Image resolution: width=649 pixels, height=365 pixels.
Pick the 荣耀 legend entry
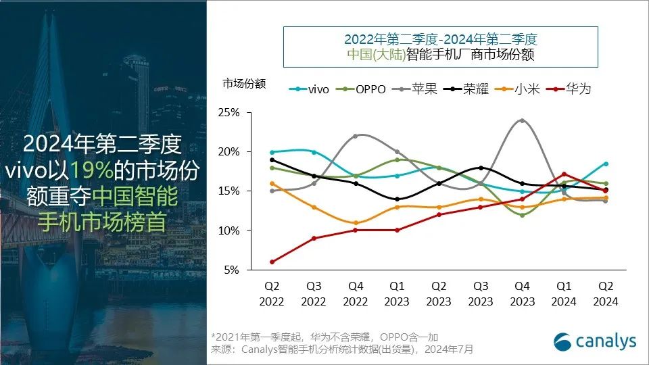click(468, 89)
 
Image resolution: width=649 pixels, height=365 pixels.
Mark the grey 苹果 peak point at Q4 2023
click(522, 120)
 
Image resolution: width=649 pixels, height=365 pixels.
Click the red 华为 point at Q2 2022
click(272, 262)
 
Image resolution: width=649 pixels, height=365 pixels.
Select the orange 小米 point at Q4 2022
click(356, 222)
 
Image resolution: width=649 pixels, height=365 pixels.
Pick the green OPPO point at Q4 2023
click(522, 215)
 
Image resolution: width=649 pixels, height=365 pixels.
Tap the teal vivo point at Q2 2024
click(605, 164)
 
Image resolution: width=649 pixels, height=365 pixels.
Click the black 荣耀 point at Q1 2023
click(398, 199)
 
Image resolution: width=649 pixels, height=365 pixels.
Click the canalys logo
click(595, 341)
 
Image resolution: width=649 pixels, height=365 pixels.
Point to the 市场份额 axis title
click(244, 84)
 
